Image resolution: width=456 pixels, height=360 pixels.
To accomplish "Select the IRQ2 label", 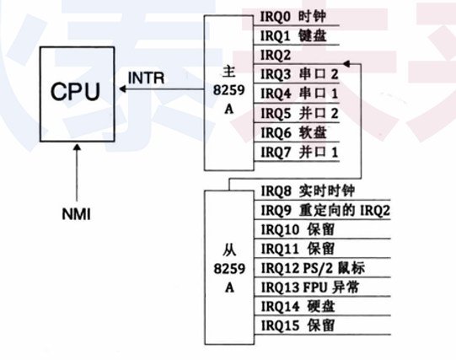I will click(276, 55).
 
